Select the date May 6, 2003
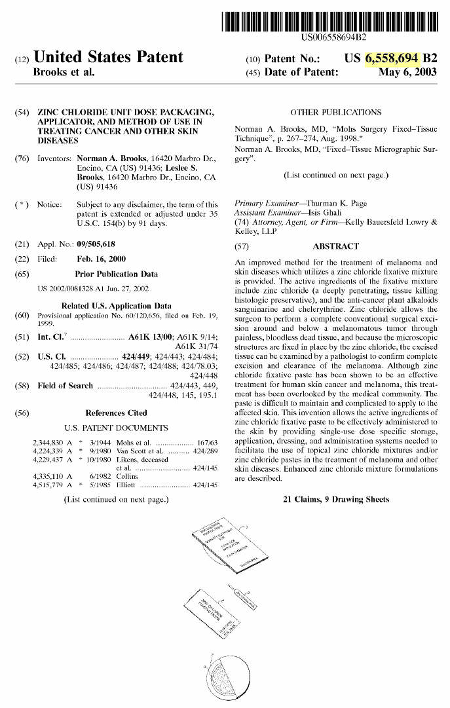coord(407,72)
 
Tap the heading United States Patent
coord(108,58)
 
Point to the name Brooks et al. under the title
coord(64,72)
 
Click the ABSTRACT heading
coord(335,246)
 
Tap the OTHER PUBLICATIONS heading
coord(335,113)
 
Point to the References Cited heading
coord(116,413)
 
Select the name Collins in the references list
coord(130,476)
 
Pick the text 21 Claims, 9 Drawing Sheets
coord(335,499)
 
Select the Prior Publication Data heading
coord(116,274)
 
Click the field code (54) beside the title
coord(22,113)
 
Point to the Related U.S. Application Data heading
coord(116,306)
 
